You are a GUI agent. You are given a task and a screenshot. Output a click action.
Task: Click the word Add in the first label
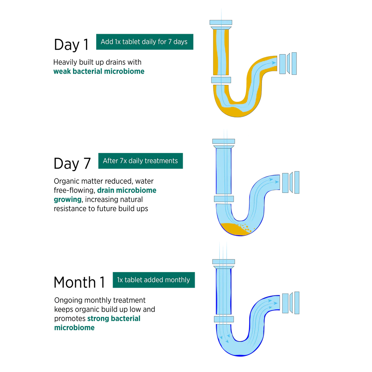(106, 42)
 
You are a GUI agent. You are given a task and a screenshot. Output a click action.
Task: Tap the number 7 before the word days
(170, 42)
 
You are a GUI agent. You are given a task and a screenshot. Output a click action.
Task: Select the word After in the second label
(110, 161)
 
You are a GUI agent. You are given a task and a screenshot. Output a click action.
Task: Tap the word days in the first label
(181, 42)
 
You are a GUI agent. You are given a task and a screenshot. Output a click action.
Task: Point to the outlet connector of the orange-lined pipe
(287, 64)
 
